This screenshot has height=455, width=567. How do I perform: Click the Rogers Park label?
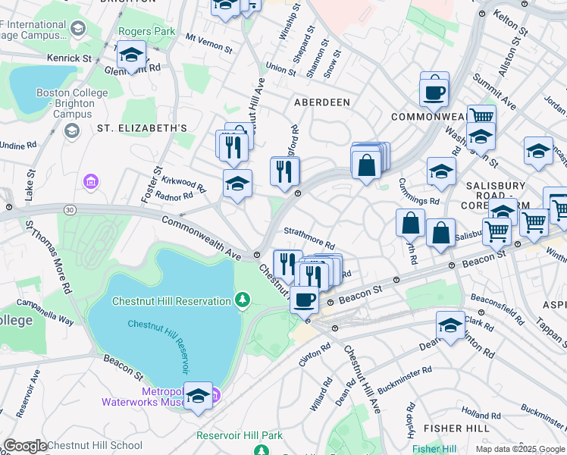(146, 32)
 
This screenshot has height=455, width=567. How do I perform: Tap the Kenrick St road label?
(69, 58)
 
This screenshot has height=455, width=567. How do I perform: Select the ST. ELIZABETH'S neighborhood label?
(142, 128)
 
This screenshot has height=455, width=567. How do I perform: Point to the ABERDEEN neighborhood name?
(322, 102)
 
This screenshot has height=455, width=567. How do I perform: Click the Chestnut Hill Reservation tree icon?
(243, 301)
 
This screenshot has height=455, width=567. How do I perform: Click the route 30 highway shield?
(70, 209)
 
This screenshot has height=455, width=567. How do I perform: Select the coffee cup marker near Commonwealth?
(434, 91)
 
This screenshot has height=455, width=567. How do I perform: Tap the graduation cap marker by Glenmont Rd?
(132, 55)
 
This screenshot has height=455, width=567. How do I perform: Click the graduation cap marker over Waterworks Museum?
(198, 396)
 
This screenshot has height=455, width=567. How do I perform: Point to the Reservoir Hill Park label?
(239, 435)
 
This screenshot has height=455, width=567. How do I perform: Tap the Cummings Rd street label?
(422, 199)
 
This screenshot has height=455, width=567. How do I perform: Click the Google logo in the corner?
(25, 445)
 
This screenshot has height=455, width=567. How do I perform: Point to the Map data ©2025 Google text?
(520, 449)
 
